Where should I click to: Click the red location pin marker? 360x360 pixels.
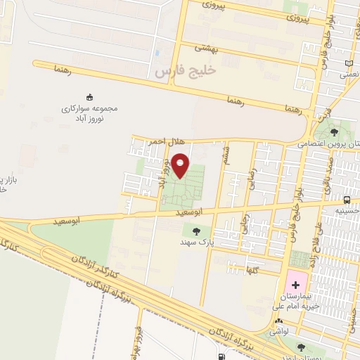181,165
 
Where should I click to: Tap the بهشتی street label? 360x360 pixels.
207,49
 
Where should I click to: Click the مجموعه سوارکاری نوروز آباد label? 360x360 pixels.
90,114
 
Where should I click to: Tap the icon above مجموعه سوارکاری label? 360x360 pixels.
89,97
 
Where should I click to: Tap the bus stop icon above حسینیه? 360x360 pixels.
347,199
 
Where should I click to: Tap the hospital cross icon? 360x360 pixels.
295,285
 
